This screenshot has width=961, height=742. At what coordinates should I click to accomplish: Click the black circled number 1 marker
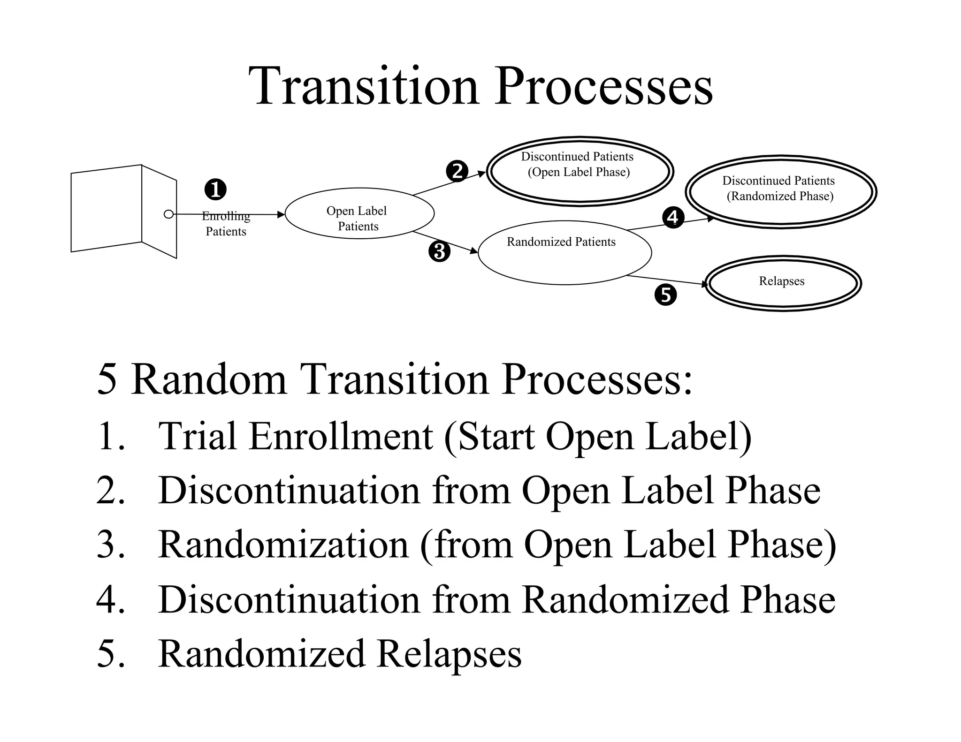(215, 190)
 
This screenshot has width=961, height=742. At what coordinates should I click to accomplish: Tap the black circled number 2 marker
(457, 171)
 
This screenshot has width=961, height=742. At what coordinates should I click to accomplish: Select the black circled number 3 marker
(439, 251)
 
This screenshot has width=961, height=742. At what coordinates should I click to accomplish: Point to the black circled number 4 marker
(673, 218)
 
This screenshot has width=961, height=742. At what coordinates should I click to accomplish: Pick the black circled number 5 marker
(665, 295)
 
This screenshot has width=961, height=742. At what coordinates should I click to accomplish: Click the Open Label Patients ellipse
(359, 214)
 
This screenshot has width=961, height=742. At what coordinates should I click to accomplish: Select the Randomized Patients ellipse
(564, 253)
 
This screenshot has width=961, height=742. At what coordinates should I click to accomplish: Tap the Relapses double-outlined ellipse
(783, 283)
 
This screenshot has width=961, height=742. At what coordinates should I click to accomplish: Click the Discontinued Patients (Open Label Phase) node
(580, 172)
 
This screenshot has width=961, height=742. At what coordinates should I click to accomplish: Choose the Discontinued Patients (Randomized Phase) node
(780, 192)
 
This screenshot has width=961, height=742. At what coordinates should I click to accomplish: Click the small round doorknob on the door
(168, 214)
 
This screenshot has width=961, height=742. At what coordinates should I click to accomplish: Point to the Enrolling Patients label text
(226, 224)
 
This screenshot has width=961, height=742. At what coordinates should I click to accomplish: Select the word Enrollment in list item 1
(341, 437)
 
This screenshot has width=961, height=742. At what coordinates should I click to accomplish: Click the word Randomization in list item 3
(283, 545)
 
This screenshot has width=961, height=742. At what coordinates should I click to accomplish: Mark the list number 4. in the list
(110, 600)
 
